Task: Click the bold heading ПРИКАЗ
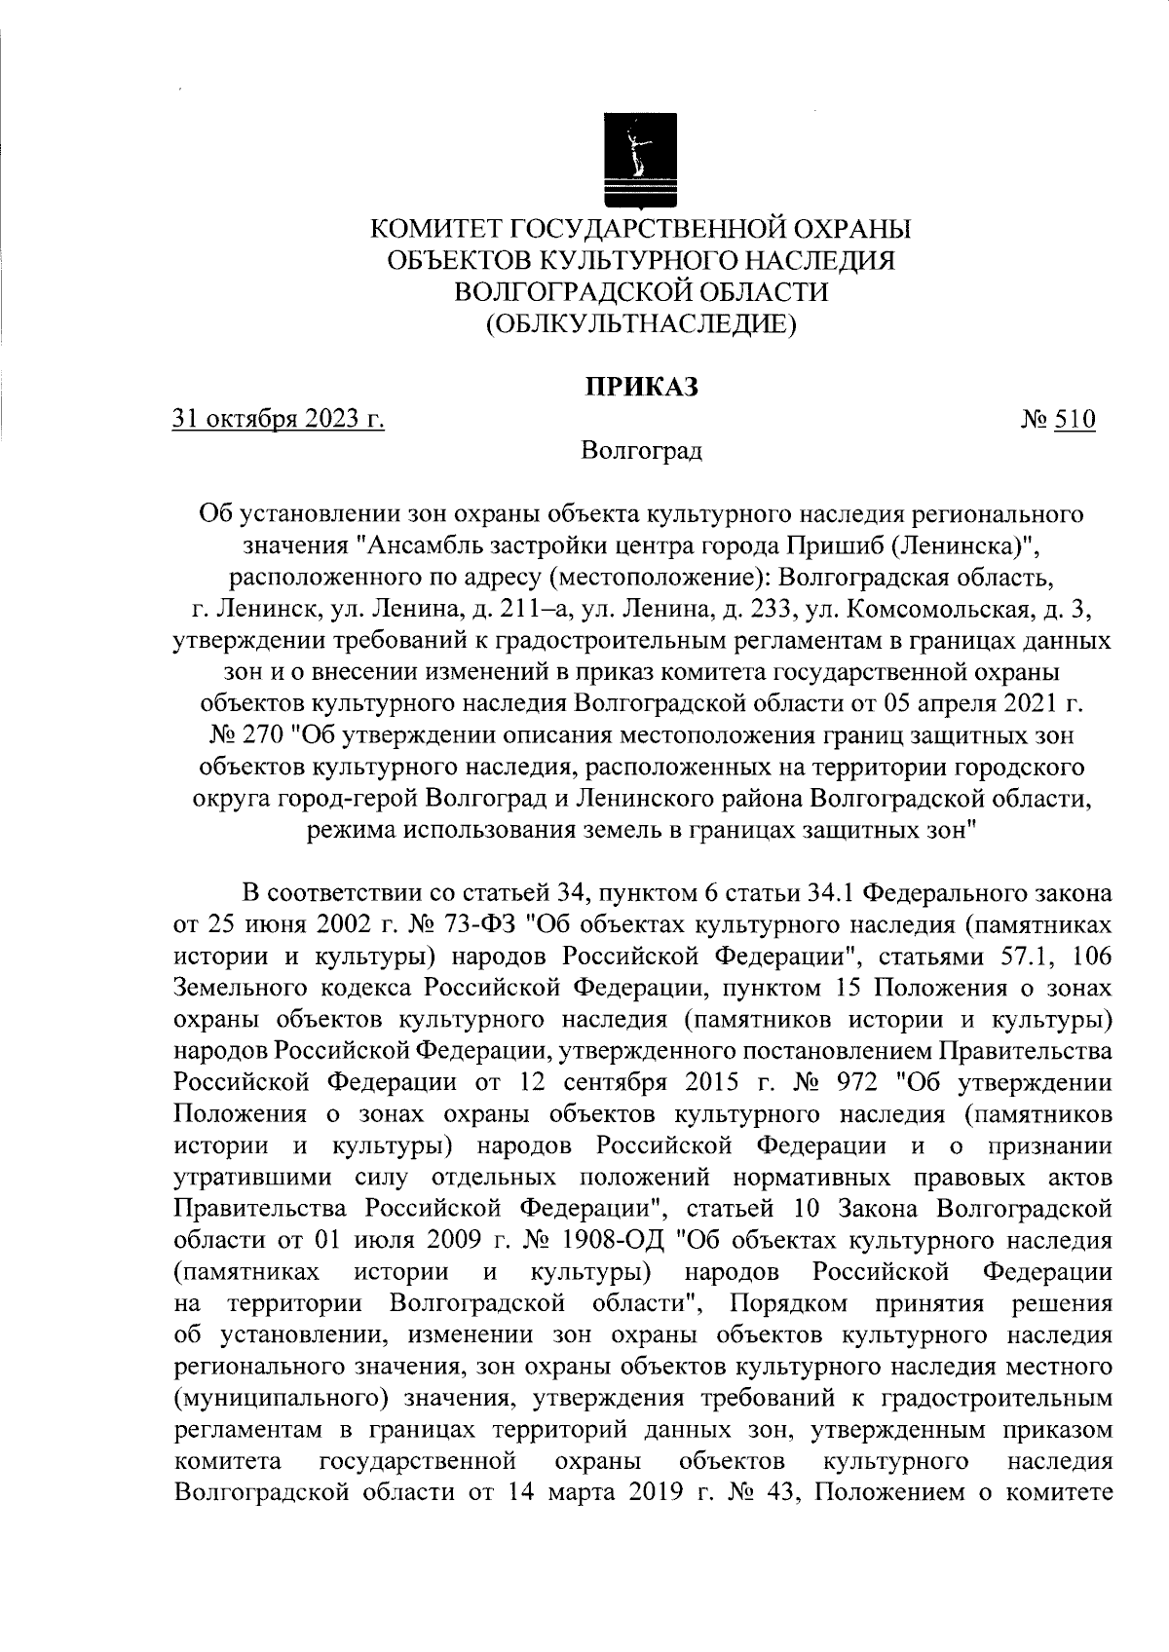pyautogui.click(x=642, y=387)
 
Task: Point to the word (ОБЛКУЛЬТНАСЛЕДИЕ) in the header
pyautogui.click(x=642, y=323)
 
